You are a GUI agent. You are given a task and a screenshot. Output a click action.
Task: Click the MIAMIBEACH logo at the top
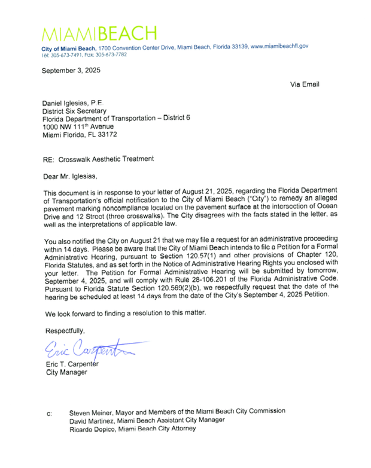coord(99,33)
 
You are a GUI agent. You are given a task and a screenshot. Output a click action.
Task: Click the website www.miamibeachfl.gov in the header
coord(279,46)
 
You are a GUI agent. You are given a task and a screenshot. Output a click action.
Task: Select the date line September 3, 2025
coord(71,71)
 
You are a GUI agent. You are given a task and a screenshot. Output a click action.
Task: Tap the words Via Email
coord(305,84)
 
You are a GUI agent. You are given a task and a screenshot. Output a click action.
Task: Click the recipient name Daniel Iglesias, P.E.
coord(77,103)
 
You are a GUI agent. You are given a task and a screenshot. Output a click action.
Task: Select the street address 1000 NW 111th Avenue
coord(78,127)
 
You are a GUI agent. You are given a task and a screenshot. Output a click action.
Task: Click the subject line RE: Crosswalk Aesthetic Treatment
coord(98,159)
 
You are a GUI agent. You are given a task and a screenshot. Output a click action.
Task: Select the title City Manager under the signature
coord(66,373)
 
